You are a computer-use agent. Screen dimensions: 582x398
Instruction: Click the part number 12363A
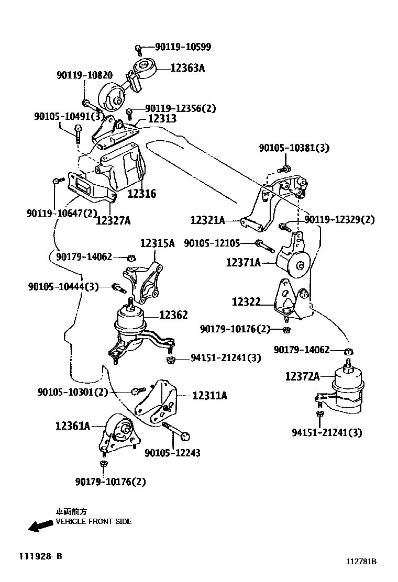point(186,68)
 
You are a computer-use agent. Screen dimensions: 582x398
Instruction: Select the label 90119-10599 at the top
point(183,47)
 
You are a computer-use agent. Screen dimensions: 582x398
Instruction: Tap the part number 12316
point(142,194)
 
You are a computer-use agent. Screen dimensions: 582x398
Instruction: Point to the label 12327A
point(113,220)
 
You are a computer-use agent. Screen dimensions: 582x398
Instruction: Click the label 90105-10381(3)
point(294,148)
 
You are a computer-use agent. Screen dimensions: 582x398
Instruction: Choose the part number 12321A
point(207,221)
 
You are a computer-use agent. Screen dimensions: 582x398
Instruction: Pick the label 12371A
point(243,262)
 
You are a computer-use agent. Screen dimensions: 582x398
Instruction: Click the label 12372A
point(302,376)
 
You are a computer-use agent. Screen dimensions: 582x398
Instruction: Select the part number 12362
point(173,315)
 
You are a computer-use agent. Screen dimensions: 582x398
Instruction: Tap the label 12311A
point(209,396)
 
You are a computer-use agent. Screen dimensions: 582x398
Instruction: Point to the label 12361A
point(73,426)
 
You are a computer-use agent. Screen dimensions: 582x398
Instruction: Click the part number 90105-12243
point(172,453)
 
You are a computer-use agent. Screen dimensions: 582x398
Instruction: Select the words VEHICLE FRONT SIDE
point(94,521)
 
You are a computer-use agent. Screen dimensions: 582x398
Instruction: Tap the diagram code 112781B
point(361,562)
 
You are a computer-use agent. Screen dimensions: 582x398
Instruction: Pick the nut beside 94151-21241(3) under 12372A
point(319,415)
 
